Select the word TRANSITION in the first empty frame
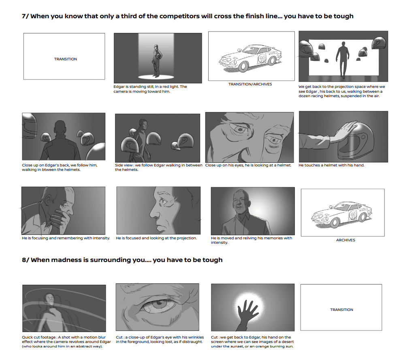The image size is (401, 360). pyautogui.click(x=66, y=59)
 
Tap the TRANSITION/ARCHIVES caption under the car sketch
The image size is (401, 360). pyautogui.click(x=250, y=84)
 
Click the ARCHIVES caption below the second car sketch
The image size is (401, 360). pyautogui.click(x=346, y=240)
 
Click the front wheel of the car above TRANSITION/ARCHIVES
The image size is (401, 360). pyautogui.click(x=243, y=67)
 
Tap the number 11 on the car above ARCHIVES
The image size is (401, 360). pyautogui.click(x=353, y=215)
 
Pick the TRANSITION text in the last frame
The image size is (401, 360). pyautogui.click(x=342, y=310)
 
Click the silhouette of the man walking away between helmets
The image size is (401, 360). pyautogui.click(x=342, y=59)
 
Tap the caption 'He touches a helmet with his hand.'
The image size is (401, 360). pyautogui.click(x=331, y=165)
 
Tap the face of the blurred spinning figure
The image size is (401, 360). pyautogui.click(x=49, y=299)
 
